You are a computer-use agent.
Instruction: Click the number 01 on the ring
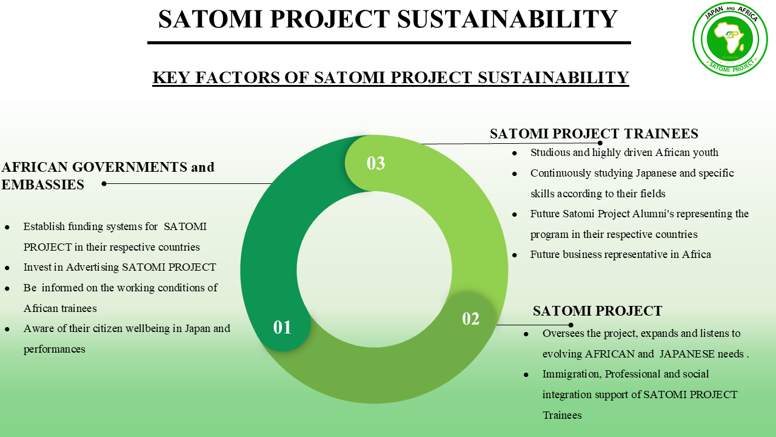[282, 327]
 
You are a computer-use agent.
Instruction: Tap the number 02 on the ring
[471, 319]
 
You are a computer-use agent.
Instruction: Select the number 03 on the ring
[376, 163]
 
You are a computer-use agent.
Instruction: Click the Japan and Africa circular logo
[731, 38]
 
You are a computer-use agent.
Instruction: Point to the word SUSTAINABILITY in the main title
[507, 19]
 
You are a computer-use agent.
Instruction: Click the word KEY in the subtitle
[171, 77]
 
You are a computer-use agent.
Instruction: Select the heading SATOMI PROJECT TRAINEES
[594, 134]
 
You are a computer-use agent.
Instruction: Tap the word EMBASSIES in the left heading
[42, 185]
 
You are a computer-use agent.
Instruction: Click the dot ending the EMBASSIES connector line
[104, 183]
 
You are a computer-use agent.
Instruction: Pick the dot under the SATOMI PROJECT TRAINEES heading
[600, 143]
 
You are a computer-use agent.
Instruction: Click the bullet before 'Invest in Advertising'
[7, 268]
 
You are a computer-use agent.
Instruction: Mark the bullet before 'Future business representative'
[515, 256]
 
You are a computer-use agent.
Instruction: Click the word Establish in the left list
[44, 226]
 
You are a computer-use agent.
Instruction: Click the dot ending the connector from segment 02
[571, 325]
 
